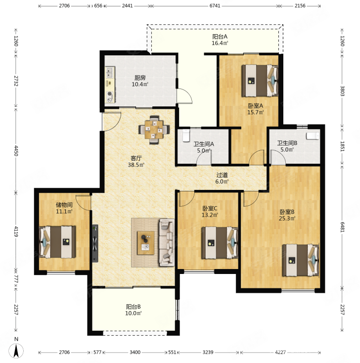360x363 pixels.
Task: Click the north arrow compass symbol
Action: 16,351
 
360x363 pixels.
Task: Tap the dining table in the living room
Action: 154,130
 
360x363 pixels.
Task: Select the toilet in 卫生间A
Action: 186,136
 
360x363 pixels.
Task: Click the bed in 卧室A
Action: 260,81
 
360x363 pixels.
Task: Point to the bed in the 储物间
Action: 57,242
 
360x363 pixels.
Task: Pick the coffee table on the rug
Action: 145,243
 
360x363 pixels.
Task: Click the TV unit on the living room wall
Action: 95,243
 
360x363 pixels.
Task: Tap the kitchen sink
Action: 109,72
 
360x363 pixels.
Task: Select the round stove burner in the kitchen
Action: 109,94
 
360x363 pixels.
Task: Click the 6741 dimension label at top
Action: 215,6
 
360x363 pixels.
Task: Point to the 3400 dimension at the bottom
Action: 135,352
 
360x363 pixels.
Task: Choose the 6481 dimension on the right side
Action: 342,227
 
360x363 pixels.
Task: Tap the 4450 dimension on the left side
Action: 16,150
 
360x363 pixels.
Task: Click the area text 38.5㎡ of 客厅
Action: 136,165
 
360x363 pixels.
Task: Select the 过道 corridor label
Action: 222,175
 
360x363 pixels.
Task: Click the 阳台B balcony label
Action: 134,307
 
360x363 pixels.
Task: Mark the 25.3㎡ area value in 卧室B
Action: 287,218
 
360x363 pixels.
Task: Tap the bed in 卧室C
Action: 220,243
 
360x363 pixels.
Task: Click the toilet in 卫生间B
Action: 313,136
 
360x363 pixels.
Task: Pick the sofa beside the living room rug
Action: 167,242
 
